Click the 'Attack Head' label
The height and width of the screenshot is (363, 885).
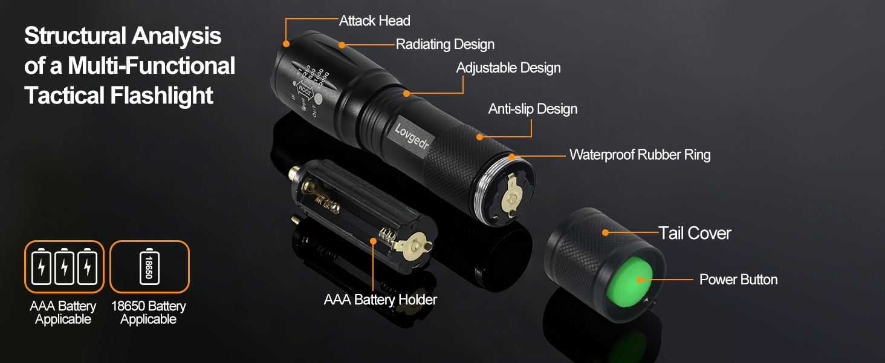(x=374, y=21)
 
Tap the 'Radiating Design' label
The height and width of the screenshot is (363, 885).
(x=445, y=44)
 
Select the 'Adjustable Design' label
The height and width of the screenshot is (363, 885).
(x=508, y=68)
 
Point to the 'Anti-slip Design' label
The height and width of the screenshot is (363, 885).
(x=533, y=109)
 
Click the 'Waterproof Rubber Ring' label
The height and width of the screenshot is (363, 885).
(x=640, y=155)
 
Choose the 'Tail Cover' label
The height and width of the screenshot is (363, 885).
(x=695, y=233)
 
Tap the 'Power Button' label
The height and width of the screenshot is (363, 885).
(x=738, y=280)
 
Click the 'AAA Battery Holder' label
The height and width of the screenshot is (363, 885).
(x=380, y=299)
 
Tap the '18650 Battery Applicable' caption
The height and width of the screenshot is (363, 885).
(x=149, y=313)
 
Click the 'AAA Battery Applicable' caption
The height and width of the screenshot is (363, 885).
(x=63, y=313)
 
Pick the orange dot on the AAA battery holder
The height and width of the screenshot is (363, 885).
(x=373, y=241)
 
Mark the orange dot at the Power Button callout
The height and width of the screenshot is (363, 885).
(x=639, y=280)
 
